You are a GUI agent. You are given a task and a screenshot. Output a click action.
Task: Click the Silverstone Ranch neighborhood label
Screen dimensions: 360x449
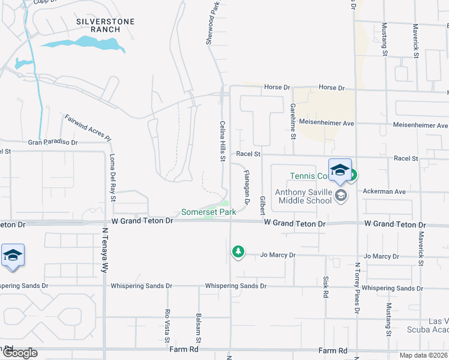coord(105,26)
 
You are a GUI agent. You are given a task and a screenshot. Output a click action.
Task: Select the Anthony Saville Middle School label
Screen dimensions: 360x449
coord(303,196)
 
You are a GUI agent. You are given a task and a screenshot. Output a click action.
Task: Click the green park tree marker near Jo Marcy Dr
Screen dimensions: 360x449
coord(239,251)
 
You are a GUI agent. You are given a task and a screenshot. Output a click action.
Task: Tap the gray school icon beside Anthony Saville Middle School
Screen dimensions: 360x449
coord(341,195)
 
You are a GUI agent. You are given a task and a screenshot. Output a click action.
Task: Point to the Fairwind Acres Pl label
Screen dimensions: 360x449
coord(88,128)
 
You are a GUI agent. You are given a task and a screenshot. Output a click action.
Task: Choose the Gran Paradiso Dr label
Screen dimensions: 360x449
coord(53,143)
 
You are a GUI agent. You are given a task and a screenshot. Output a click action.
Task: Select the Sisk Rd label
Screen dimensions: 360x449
coord(326,287)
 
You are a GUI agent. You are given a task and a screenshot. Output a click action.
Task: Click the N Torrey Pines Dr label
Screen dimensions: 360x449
coord(357,289)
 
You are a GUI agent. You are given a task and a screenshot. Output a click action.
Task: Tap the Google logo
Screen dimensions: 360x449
coord(19,353)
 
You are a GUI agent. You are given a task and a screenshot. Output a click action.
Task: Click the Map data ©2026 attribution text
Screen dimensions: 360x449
coord(423,355)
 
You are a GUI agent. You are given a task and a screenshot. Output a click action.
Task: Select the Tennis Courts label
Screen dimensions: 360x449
coord(309,176)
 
